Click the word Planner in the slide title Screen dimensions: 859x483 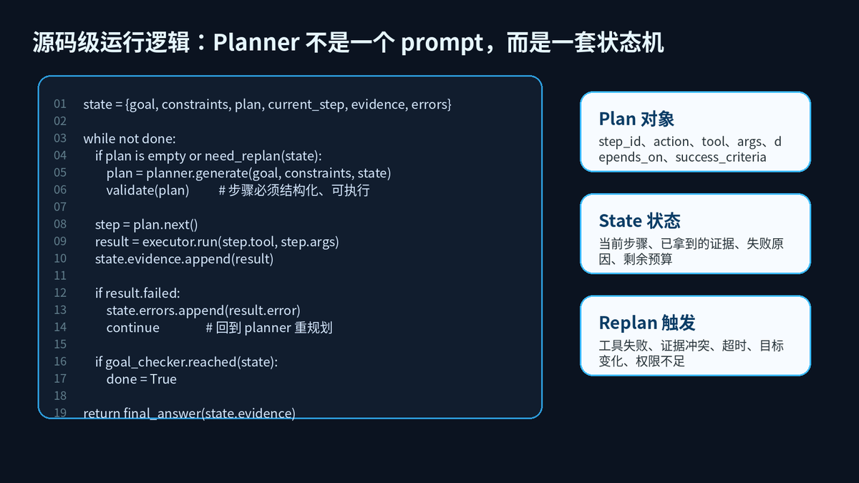click(256, 42)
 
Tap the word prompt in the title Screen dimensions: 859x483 click(442, 44)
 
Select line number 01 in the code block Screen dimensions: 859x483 click(60, 104)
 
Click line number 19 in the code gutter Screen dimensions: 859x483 click(60, 413)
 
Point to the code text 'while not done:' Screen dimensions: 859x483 click(130, 138)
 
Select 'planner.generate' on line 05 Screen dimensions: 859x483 click(197, 173)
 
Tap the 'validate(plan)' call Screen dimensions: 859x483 click(147, 190)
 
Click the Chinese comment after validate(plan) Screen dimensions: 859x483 click(294, 190)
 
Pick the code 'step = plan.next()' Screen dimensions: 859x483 click(147, 225)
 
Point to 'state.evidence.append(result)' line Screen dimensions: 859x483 click(185, 259)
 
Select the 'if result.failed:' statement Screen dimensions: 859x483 click(137, 293)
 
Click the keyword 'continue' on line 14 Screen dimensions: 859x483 click(133, 328)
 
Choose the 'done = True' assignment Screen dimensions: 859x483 click(142, 379)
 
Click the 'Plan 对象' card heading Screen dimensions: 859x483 click(636, 119)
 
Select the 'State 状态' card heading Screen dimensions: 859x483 click(640, 221)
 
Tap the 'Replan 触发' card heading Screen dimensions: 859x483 click(647, 323)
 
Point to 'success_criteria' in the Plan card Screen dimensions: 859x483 click(721, 157)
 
